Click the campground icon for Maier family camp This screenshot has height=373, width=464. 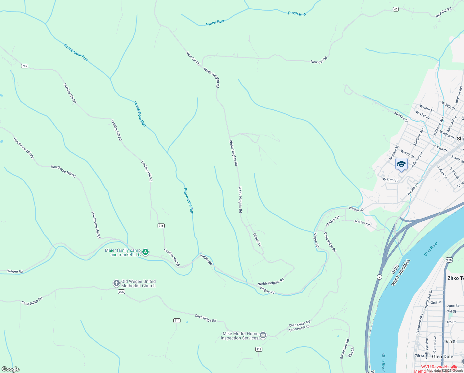(x=145, y=252)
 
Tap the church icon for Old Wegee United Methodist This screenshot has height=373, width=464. (x=116, y=283)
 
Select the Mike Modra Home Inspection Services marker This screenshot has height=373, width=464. (x=263, y=335)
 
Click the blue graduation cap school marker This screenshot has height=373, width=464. (x=401, y=164)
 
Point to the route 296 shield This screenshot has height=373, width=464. (x=121, y=292)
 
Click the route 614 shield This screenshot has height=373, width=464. (x=177, y=320)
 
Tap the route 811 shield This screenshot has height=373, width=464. (x=259, y=349)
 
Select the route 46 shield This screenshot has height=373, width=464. (x=395, y=9)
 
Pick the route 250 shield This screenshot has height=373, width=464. (x=449, y=260)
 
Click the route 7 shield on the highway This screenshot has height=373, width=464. (x=379, y=277)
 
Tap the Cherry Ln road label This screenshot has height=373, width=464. (x=257, y=240)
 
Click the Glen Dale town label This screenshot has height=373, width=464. (x=443, y=357)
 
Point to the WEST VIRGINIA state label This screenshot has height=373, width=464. (x=401, y=273)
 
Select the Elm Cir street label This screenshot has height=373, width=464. (x=351, y=352)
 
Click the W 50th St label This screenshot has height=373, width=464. (x=390, y=180)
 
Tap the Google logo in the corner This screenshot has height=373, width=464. (x=10, y=369)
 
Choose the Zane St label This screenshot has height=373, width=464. (x=453, y=306)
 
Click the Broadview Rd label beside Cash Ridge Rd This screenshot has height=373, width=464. (x=299, y=328)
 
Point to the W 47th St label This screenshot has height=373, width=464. (x=407, y=154)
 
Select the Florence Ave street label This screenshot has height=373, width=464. (x=458, y=95)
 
